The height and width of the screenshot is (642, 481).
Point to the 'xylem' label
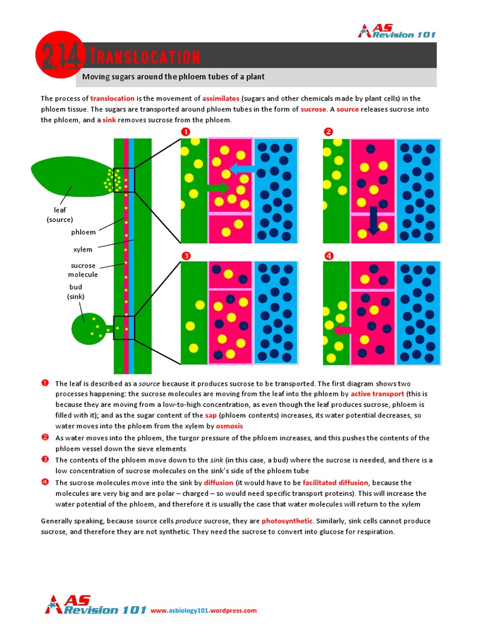[x=83, y=250]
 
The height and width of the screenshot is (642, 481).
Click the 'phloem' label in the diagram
[x=83, y=232]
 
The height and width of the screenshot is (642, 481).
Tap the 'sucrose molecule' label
[x=83, y=270]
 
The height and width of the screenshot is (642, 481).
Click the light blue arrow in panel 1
[x=242, y=168]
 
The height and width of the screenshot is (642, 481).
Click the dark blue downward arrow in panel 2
[x=373, y=221]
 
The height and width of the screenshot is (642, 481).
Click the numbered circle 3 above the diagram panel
[x=185, y=255]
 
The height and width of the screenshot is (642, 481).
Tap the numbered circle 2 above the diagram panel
[x=328, y=132]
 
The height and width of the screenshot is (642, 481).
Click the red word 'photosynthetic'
[x=285, y=521]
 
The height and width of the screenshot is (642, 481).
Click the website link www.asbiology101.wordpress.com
[x=204, y=610]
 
